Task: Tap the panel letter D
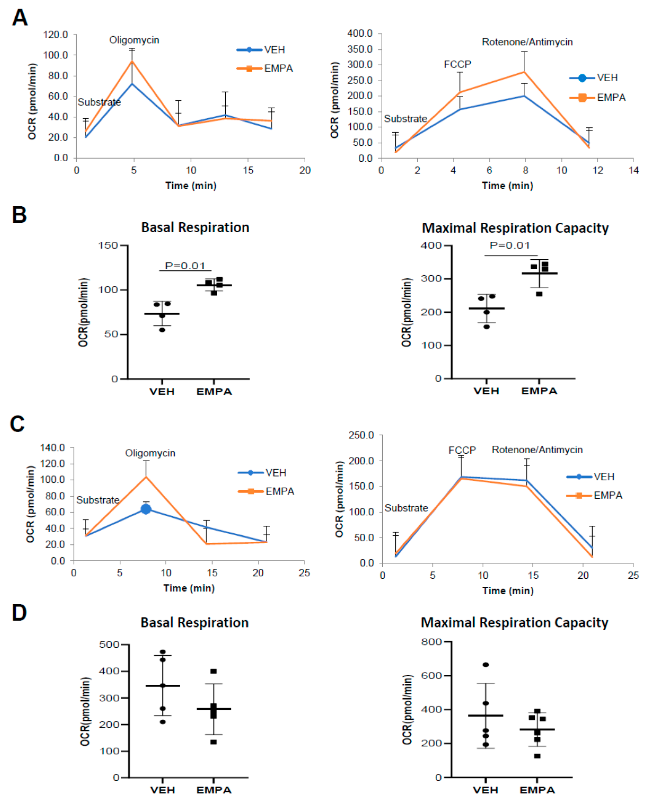coord(19,613)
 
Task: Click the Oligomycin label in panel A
coord(134,40)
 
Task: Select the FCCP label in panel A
coord(457,64)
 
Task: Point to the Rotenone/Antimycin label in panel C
coord(537,449)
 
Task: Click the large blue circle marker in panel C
coord(146,509)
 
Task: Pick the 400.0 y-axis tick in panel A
coord(359,34)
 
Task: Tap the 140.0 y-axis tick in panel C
coord(53,447)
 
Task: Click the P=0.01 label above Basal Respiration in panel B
coord(185,266)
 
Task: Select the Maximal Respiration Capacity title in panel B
coord(515,228)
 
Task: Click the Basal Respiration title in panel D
coord(195,623)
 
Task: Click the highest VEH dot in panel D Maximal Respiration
coord(485,665)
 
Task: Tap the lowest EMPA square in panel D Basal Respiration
coord(214,742)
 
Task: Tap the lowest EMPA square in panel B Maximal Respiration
coord(539,294)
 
